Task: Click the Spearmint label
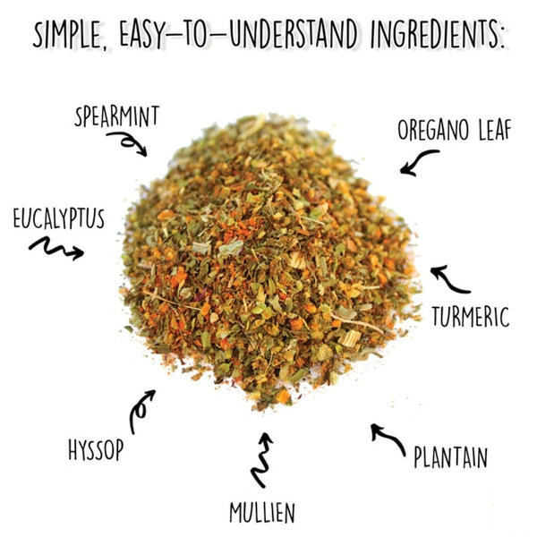click(116, 116)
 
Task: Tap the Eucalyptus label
click(58, 217)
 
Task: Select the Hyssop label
click(96, 449)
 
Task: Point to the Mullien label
click(262, 512)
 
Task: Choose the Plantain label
click(450, 456)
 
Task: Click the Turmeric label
click(471, 317)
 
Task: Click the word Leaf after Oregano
click(495, 130)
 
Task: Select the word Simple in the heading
click(70, 35)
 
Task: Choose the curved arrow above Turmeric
click(447, 283)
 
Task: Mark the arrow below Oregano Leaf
click(416, 161)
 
